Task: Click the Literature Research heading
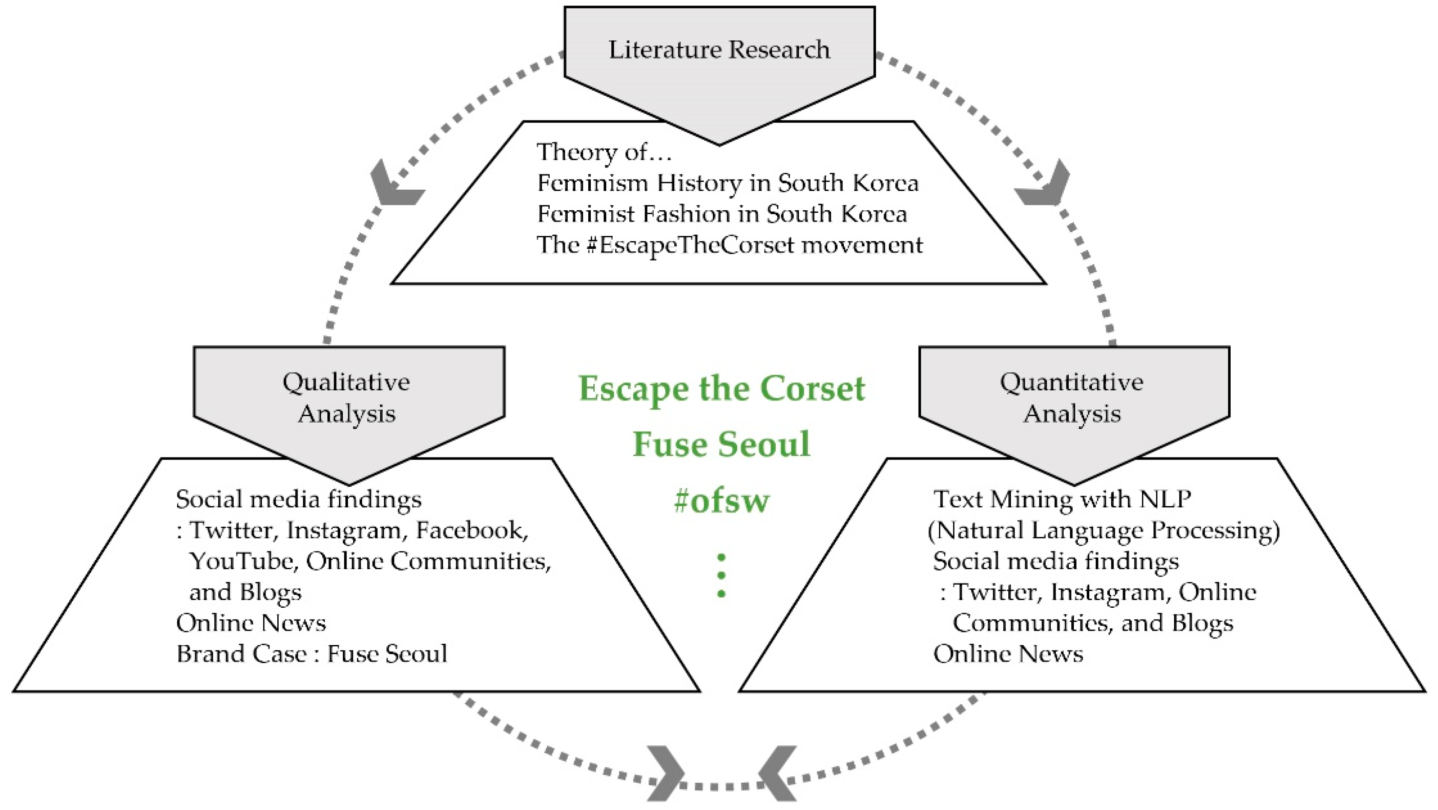tap(719, 50)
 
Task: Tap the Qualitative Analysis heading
tap(347, 397)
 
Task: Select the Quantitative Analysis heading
tap(1072, 397)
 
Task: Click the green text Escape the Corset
tap(721, 389)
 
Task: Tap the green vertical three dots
tap(721, 575)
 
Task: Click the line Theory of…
tap(604, 152)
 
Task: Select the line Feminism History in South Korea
tap(727, 183)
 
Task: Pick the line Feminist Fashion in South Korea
tap(722, 214)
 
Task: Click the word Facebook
tap(472, 530)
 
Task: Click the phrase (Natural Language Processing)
tap(1104, 530)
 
